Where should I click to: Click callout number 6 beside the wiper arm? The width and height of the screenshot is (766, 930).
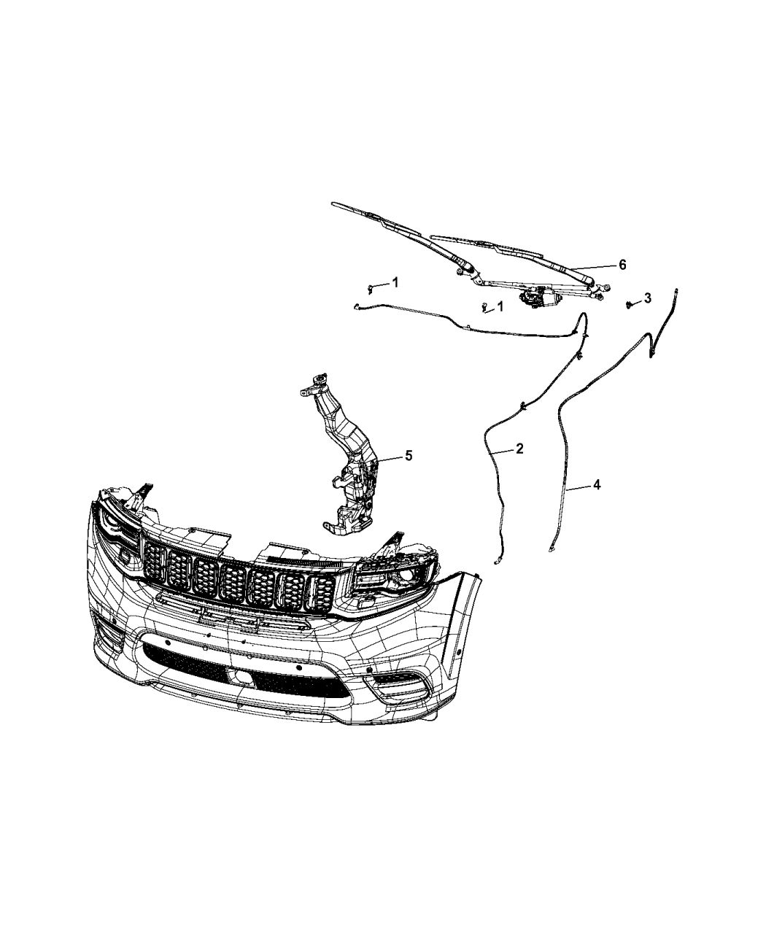622,265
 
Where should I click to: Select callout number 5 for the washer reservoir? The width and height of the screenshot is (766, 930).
409,455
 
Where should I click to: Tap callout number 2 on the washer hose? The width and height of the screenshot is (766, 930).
519,449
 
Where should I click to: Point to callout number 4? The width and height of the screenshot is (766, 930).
597,484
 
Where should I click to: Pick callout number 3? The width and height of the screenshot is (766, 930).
648,298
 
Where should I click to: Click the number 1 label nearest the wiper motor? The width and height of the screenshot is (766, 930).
500,306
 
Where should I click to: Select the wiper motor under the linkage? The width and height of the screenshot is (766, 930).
537,296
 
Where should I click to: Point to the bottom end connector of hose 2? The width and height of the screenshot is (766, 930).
496,562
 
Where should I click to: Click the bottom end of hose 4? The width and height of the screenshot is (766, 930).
552,551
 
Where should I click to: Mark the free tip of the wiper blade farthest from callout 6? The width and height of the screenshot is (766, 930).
333,204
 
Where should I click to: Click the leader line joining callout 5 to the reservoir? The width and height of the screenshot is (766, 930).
389,458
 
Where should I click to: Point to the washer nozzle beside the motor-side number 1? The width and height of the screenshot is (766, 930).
484,307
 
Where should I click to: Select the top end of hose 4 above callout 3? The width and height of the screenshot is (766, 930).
676,290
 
